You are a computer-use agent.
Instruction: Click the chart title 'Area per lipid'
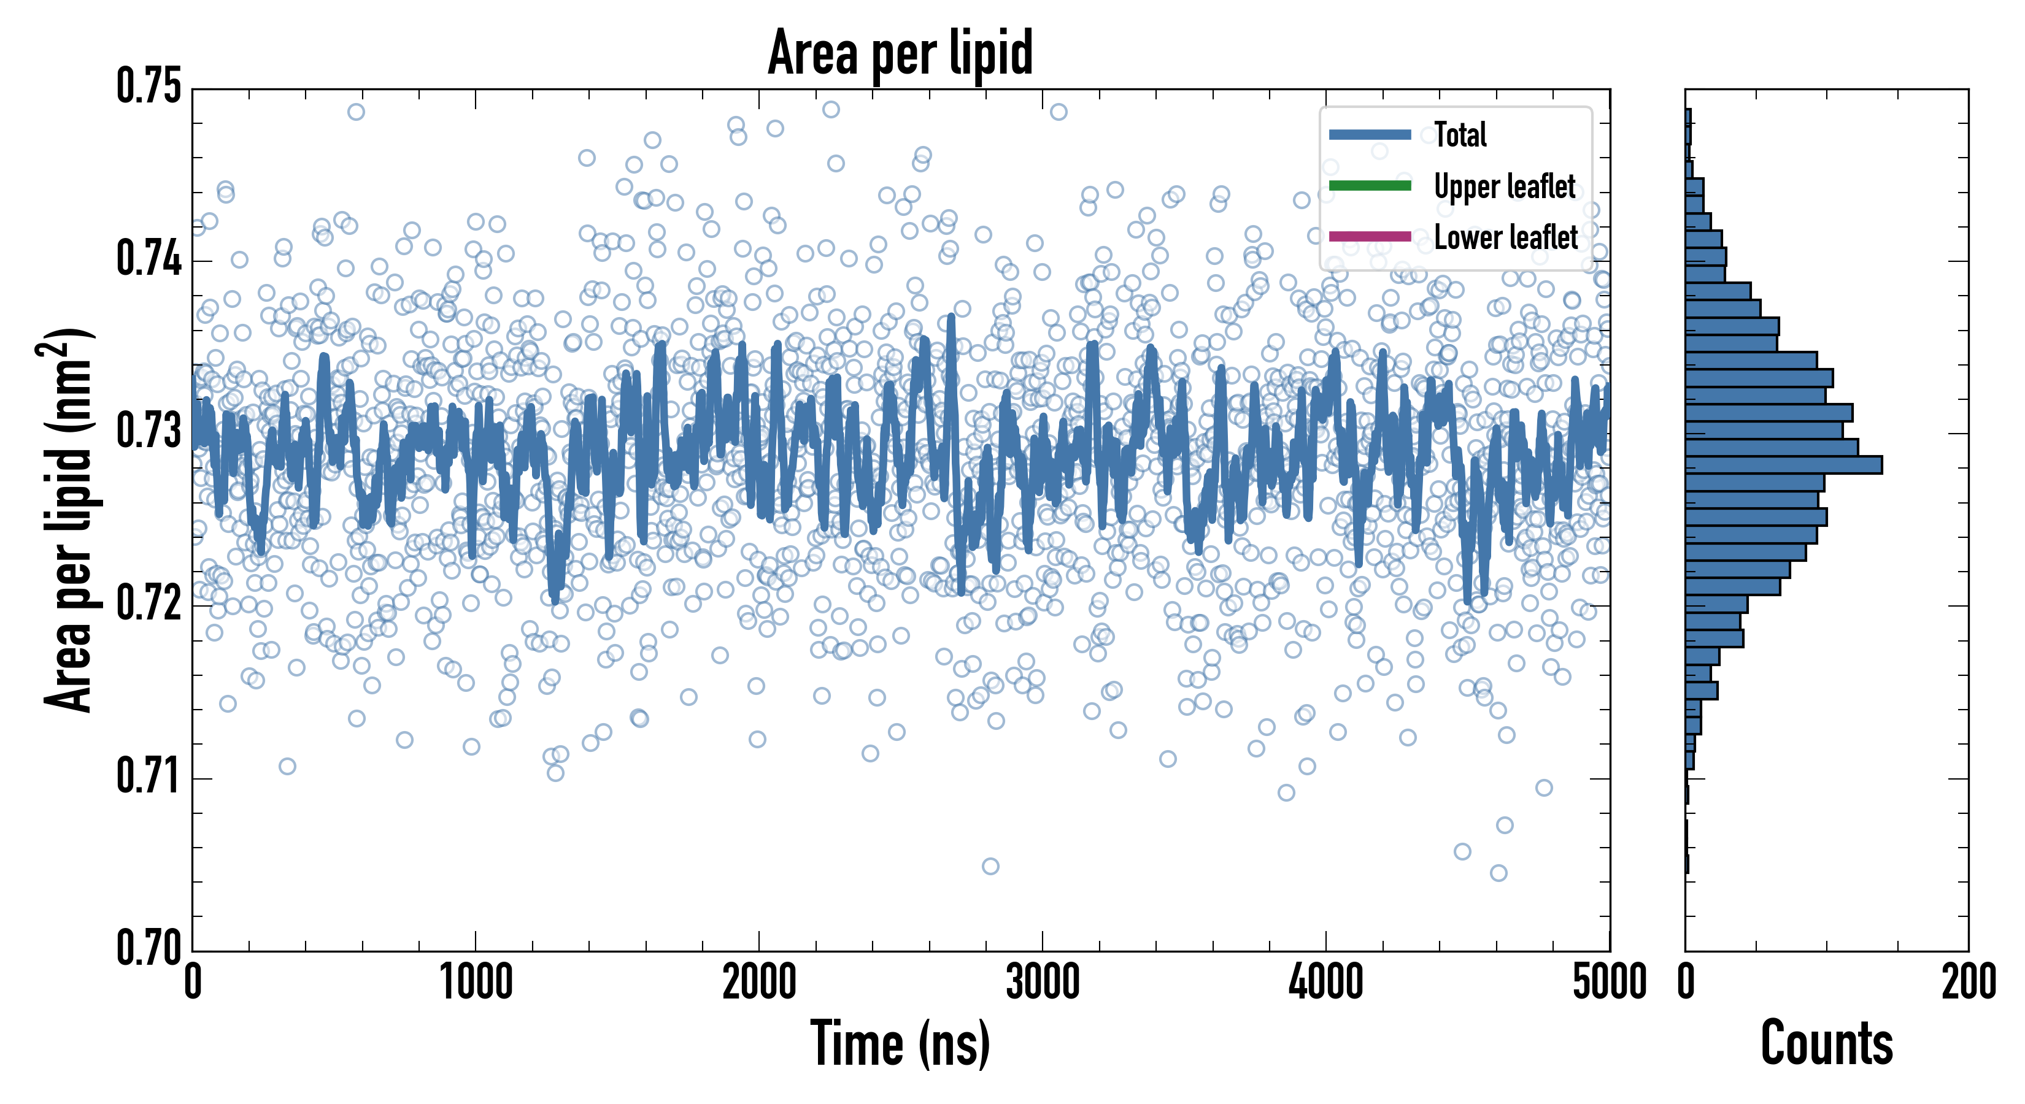(900, 53)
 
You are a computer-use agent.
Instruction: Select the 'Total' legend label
(1460, 134)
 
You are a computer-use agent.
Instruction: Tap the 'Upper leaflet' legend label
(1505, 186)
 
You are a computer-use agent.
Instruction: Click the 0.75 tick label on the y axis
(148, 86)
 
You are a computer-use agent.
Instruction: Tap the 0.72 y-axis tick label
(148, 604)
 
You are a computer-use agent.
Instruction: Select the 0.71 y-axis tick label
(148, 775)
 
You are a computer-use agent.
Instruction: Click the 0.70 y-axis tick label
(148, 948)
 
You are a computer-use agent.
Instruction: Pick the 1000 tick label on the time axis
(476, 982)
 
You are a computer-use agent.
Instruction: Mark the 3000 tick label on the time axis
(1043, 982)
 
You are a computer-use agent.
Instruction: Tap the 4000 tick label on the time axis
(1325, 982)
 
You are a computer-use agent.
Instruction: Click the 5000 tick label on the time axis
(1609, 982)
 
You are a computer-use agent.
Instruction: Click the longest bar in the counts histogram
(1784, 464)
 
